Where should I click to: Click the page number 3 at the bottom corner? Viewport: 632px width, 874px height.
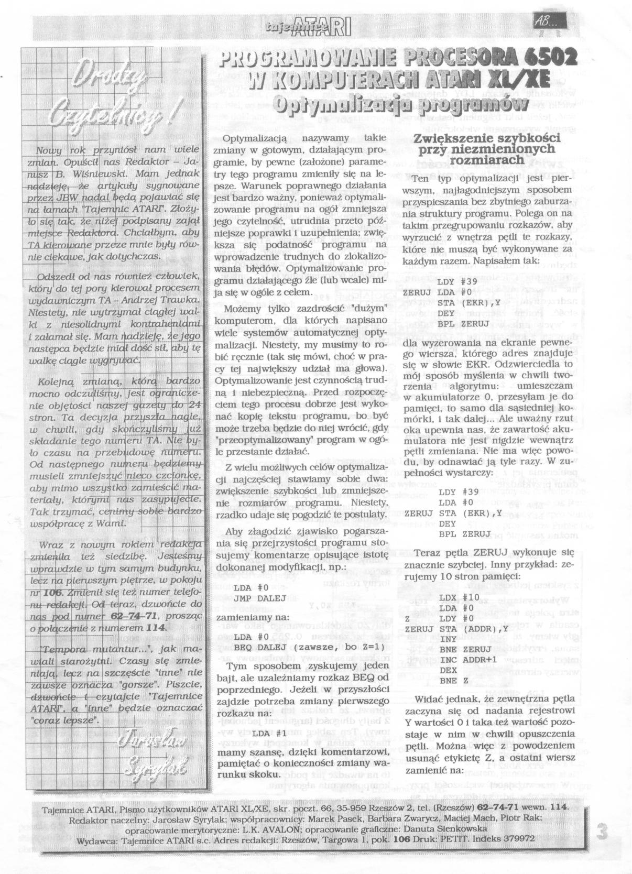coord(603,833)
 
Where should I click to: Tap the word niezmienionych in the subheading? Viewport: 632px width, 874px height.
coord(486,149)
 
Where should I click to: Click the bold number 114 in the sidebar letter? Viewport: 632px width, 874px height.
coord(157,628)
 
